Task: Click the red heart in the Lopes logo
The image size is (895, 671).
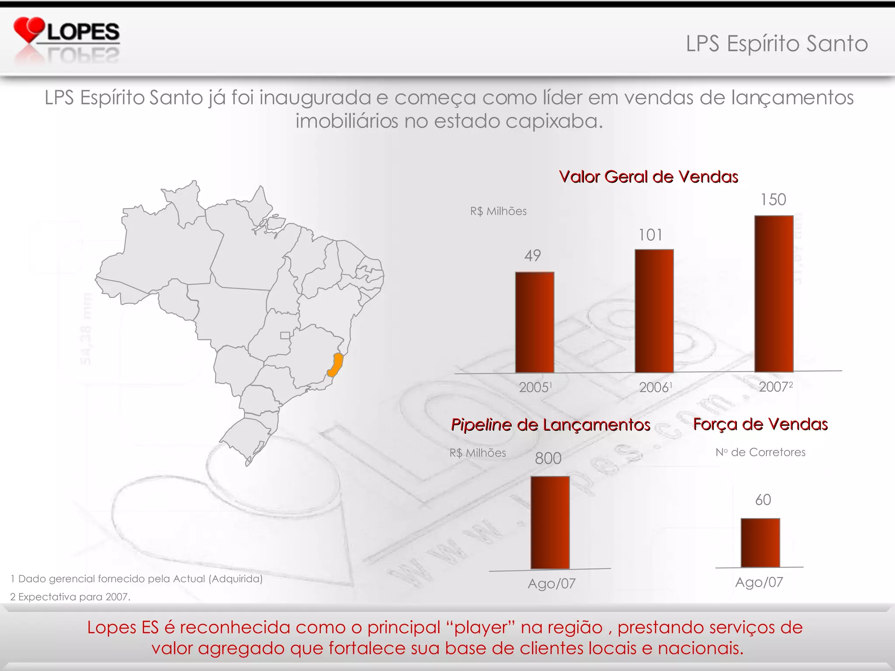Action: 29,29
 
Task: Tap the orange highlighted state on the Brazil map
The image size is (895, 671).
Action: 336,365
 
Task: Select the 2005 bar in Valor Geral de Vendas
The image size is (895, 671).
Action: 534,322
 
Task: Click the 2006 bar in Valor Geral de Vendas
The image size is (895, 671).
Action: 654,311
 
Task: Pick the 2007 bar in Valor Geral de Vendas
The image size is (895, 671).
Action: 774,294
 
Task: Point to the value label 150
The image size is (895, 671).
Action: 773,200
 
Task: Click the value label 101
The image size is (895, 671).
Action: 650,235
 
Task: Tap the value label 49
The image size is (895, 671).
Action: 533,256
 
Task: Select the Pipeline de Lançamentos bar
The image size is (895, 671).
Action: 550,522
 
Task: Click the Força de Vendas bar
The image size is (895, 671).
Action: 760,543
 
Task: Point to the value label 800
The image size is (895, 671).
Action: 548,458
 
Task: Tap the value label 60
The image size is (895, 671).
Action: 763,500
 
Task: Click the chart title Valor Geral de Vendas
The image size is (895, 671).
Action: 649,177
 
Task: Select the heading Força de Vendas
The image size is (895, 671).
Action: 760,424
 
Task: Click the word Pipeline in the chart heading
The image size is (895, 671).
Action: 481,425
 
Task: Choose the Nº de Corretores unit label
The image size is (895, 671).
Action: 760,452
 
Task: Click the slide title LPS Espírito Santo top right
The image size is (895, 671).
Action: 777,44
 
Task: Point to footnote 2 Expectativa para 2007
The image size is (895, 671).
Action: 70,597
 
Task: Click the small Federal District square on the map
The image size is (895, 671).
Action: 285,335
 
